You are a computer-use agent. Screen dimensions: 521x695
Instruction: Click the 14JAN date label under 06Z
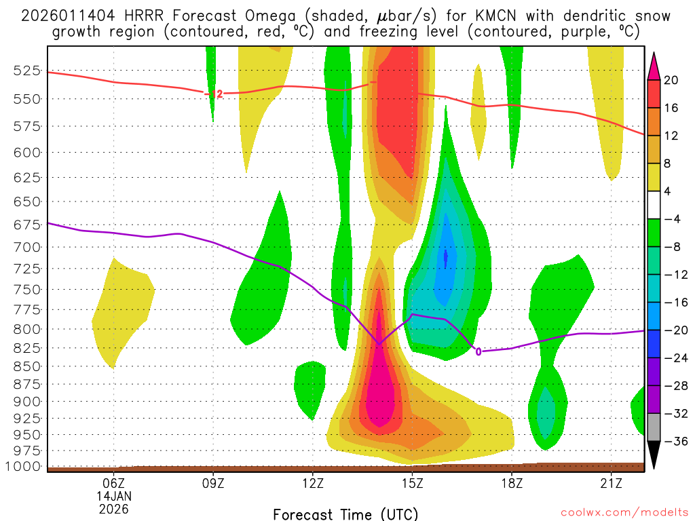tap(114, 496)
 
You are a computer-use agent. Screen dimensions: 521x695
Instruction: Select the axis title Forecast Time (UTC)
tap(345, 514)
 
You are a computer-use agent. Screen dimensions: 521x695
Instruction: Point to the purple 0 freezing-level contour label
tap(478, 351)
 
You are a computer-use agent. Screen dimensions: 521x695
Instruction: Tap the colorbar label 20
tap(672, 80)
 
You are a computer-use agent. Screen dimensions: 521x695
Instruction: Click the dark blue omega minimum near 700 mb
tap(446, 256)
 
